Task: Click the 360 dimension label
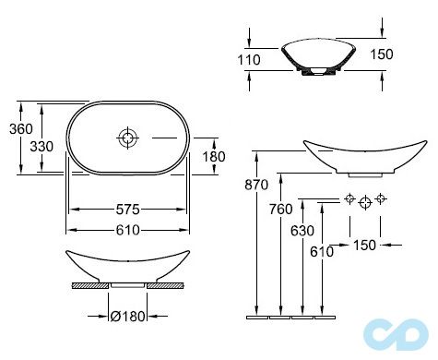[21, 128]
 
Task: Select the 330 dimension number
[41, 147]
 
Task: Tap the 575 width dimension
[127, 210]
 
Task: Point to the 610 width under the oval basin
[127, 230]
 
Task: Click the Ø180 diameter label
[127, 317]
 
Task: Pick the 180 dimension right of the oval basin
[214, 157]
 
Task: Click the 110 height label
[249, 60]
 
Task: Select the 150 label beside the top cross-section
[382, 54]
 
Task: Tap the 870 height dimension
[256, 185]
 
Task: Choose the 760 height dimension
[281, 210]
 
